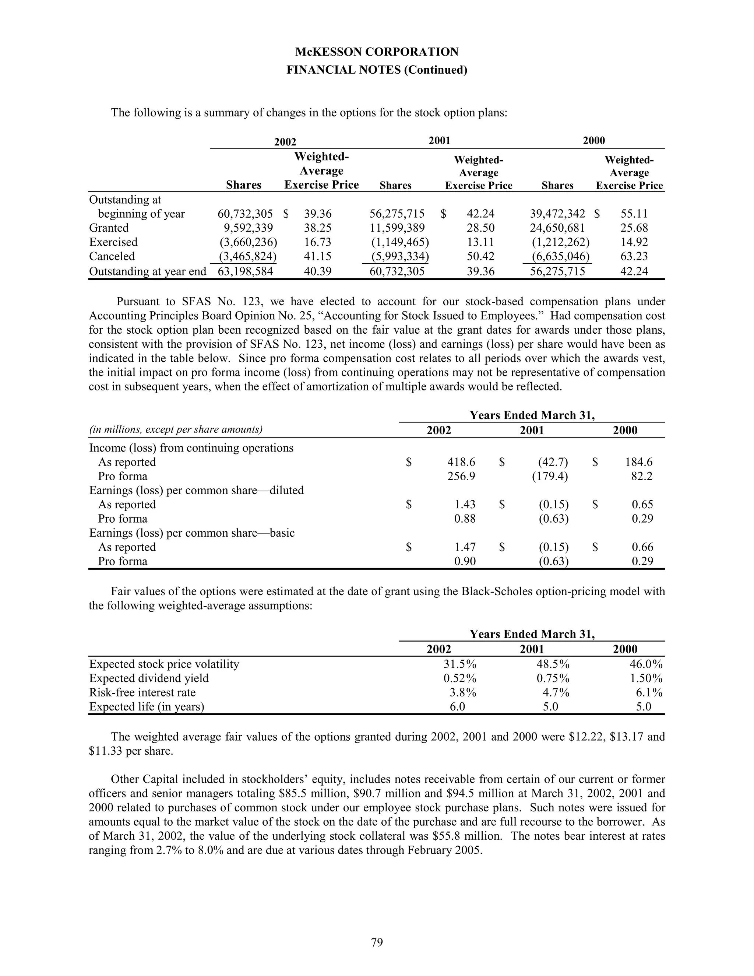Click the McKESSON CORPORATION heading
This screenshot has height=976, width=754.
pos(377,52)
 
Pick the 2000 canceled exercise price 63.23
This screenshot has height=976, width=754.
pos(634,256)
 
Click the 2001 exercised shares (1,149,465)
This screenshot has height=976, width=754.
pos(400,242)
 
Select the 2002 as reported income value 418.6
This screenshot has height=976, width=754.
pos(461,462)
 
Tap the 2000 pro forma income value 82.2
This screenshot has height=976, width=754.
pos(641,476)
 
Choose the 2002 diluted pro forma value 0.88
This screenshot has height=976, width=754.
pos(465,519)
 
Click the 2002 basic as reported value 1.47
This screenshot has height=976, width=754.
pos(465,547)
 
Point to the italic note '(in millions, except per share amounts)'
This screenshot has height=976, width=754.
pos(176,430)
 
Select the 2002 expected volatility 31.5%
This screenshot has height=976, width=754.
pos(459,664)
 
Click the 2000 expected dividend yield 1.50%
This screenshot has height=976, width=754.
pos(646,678)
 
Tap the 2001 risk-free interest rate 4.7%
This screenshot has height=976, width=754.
pos(556,693)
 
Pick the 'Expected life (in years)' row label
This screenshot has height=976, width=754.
pos(147,707)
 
